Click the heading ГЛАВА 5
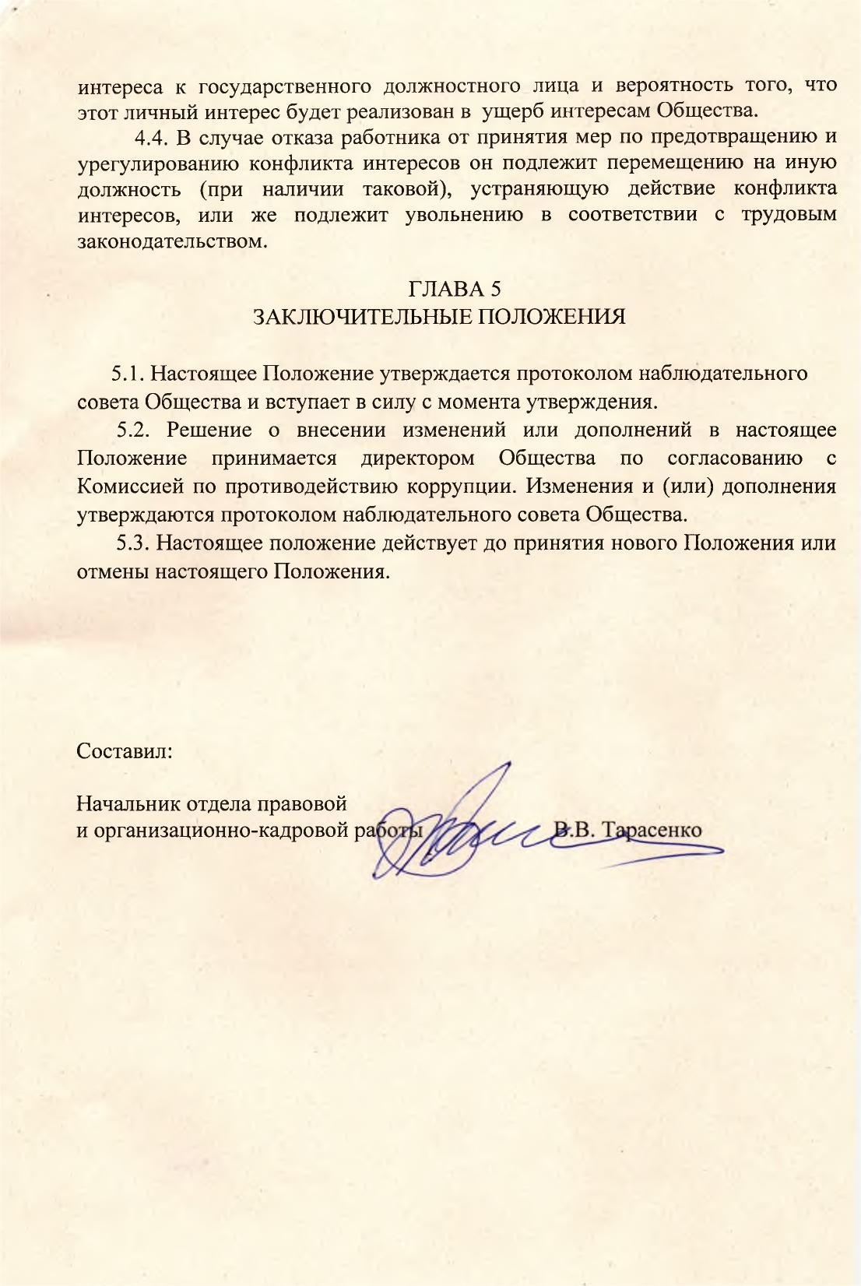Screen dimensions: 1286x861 (x=455, y=289)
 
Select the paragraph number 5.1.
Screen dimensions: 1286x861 (x=129, y=373)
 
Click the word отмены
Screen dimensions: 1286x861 (x=112, y=571)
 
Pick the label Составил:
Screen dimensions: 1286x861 (x=125, y=751)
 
